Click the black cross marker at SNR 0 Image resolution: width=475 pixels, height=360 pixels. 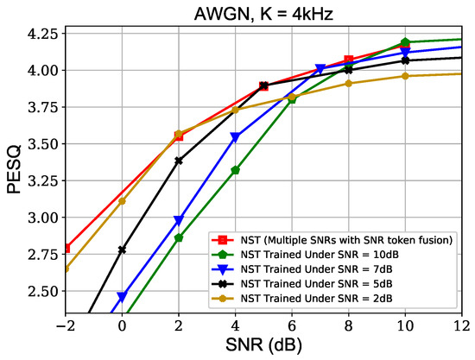(122, 249)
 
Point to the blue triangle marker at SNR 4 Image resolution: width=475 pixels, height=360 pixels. (235, 138)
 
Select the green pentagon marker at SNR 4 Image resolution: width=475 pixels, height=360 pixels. (235, 170)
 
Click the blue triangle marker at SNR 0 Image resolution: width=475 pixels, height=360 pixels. (122, 297)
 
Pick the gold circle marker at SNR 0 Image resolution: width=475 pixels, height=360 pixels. (122, 201)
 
